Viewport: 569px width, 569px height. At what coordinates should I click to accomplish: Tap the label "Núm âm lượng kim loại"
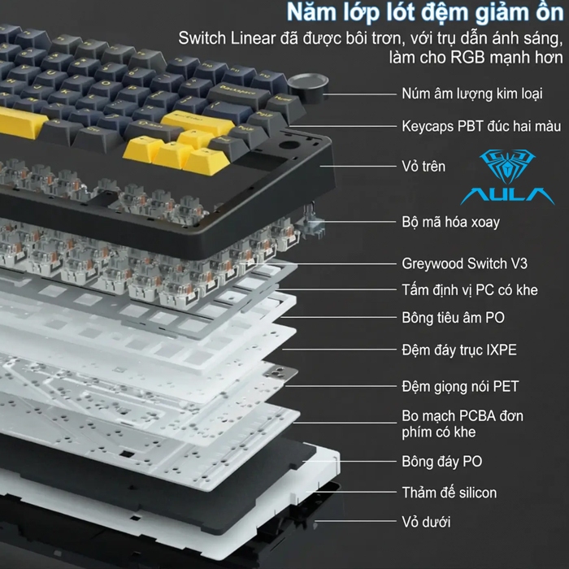coord(471,93)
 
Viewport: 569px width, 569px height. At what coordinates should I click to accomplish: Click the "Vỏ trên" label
coord(423,167)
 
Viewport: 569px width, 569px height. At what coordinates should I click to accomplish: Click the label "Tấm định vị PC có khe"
coord(469,289)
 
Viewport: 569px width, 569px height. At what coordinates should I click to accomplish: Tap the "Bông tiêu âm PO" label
coord(453,318)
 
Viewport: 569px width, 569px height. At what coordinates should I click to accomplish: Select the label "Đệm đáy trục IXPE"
coord(458,350)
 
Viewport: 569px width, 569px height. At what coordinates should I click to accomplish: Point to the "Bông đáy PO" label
coord(441,461)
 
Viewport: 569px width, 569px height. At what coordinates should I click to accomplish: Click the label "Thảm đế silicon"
coord(449,492)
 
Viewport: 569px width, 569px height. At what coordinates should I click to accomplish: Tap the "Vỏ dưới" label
coord(426,521)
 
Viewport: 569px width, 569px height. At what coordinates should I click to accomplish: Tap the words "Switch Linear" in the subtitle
coord(225,39)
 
